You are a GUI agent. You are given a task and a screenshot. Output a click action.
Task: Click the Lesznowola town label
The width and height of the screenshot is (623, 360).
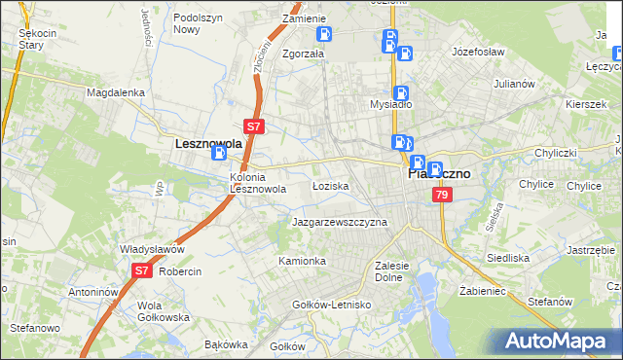(x=207, y=143)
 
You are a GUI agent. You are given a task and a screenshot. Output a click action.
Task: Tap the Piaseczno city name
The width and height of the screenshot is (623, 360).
(x=437, y=174)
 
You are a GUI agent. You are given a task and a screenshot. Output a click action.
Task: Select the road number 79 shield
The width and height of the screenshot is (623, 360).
(x=443, y=196)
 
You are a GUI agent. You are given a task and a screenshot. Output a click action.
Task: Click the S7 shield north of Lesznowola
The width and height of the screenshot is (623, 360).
(x=253, y=126)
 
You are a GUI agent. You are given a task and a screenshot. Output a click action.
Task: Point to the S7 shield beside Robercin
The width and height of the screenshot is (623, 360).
(x=142, y=271)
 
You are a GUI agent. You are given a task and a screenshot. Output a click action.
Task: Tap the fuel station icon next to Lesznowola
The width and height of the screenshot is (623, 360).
(x=220, y=152)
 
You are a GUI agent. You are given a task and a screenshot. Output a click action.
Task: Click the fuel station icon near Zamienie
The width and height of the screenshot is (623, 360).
(x=324, y=34)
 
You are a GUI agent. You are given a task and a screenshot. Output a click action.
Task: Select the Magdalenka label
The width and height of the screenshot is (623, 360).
(x=115, y=92)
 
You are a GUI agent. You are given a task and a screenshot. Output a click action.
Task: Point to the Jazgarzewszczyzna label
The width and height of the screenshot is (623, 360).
(x=340, y=222)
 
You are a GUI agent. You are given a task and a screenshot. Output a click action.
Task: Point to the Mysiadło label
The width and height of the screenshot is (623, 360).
(x=391, y=103)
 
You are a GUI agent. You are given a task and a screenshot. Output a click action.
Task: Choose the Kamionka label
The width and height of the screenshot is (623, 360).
(x=302, y=261)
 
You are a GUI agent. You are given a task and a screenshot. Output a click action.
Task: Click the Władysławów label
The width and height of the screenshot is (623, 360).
(x=152, y=249)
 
